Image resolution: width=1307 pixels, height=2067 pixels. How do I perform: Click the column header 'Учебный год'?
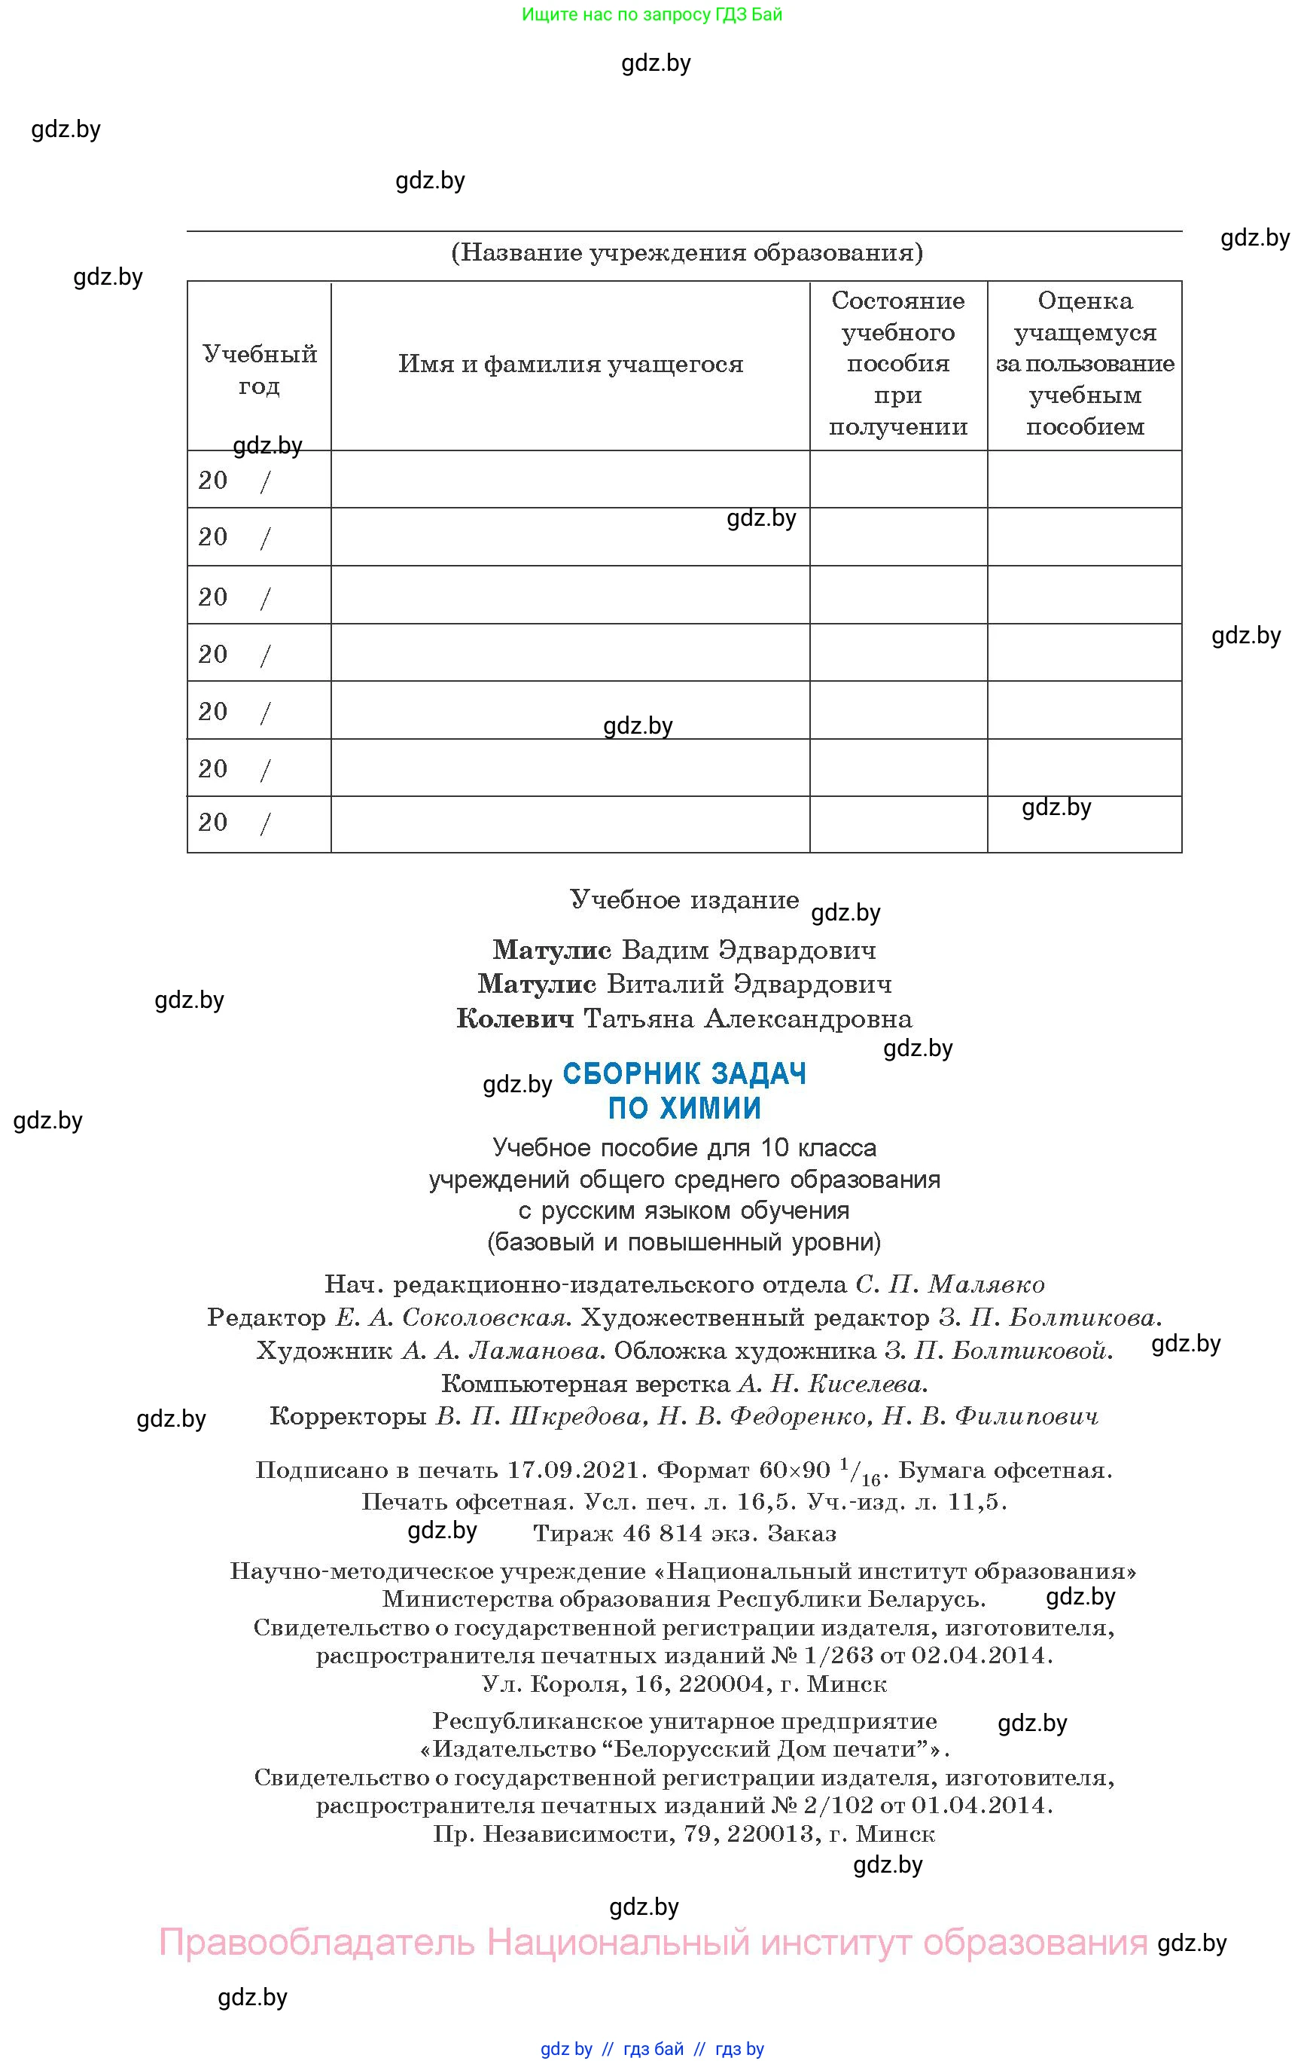pos(259,369)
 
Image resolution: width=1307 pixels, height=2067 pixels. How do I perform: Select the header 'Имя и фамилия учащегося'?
pos(571,364)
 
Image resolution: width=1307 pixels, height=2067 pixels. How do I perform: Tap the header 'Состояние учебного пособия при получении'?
pos(897,363)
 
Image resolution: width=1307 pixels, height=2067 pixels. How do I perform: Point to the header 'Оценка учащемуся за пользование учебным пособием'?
pos(1085,363)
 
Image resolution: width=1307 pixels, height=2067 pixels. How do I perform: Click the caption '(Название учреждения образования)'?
pos(687,252)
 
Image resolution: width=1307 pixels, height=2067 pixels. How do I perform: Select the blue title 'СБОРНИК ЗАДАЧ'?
pos(685,1074)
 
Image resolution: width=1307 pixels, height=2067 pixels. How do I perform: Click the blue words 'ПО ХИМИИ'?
pos(685,1108)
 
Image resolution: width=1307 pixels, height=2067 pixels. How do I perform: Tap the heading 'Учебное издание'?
pos(685,899)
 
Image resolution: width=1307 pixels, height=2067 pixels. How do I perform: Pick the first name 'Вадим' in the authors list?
pos(665,950)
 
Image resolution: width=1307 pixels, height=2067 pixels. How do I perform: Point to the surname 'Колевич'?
pos(515,1019)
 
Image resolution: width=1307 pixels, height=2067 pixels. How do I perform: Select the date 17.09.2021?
pos(574,1470)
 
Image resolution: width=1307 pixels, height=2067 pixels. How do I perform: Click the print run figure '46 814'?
pos(662,1533)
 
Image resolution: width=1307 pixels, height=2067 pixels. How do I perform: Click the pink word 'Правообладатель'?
pos(317,1943)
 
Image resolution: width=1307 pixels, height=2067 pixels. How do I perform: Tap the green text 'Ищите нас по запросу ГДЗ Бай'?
pos(652,14)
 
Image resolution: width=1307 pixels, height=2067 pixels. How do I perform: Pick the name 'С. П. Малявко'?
pos(950,1285)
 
